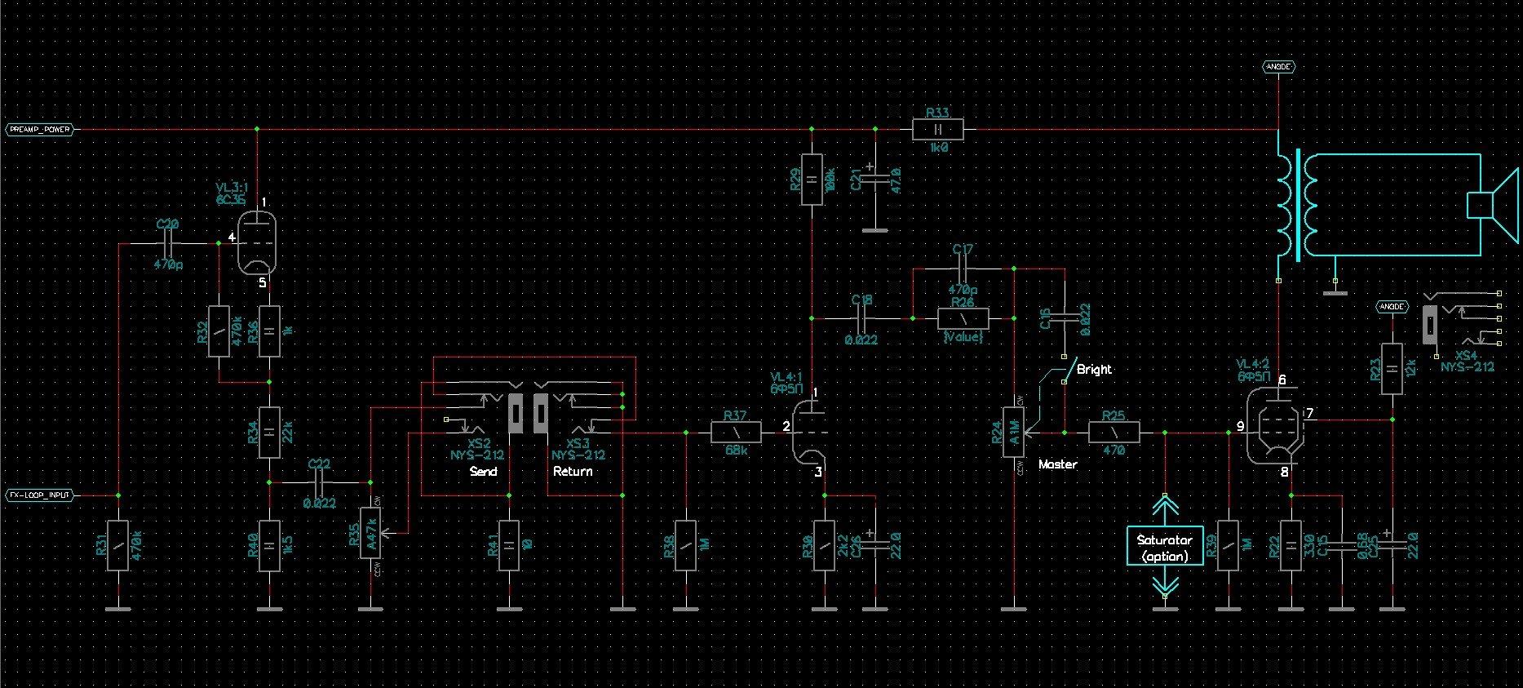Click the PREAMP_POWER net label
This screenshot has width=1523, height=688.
[x=39, y=130]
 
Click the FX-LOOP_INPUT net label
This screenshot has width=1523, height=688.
[x=40, y=495]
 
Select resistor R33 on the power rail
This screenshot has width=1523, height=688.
[x=937, y=130]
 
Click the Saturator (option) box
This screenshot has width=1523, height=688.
[x=1164, y=548]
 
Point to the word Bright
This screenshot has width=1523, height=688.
[x=1094, y=369]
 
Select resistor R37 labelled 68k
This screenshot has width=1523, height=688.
[x=737, y=433]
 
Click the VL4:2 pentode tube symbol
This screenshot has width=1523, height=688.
[x=1276, y=425]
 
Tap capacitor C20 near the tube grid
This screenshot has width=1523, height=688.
[x=168, y=242]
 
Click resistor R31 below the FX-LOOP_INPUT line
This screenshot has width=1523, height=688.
[x=118, y=544]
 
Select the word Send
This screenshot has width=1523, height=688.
[x=484, y=472]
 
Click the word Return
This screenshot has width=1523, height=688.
[x=573, y=472]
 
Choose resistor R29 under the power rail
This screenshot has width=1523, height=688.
[x=812, y=179]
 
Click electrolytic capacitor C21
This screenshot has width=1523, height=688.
[x=875, y=180]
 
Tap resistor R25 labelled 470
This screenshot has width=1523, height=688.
[x=1113, y=433]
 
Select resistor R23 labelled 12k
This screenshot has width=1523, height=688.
[x=1392, y=369]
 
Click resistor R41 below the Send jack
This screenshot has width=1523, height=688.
[x=509, y=544]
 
